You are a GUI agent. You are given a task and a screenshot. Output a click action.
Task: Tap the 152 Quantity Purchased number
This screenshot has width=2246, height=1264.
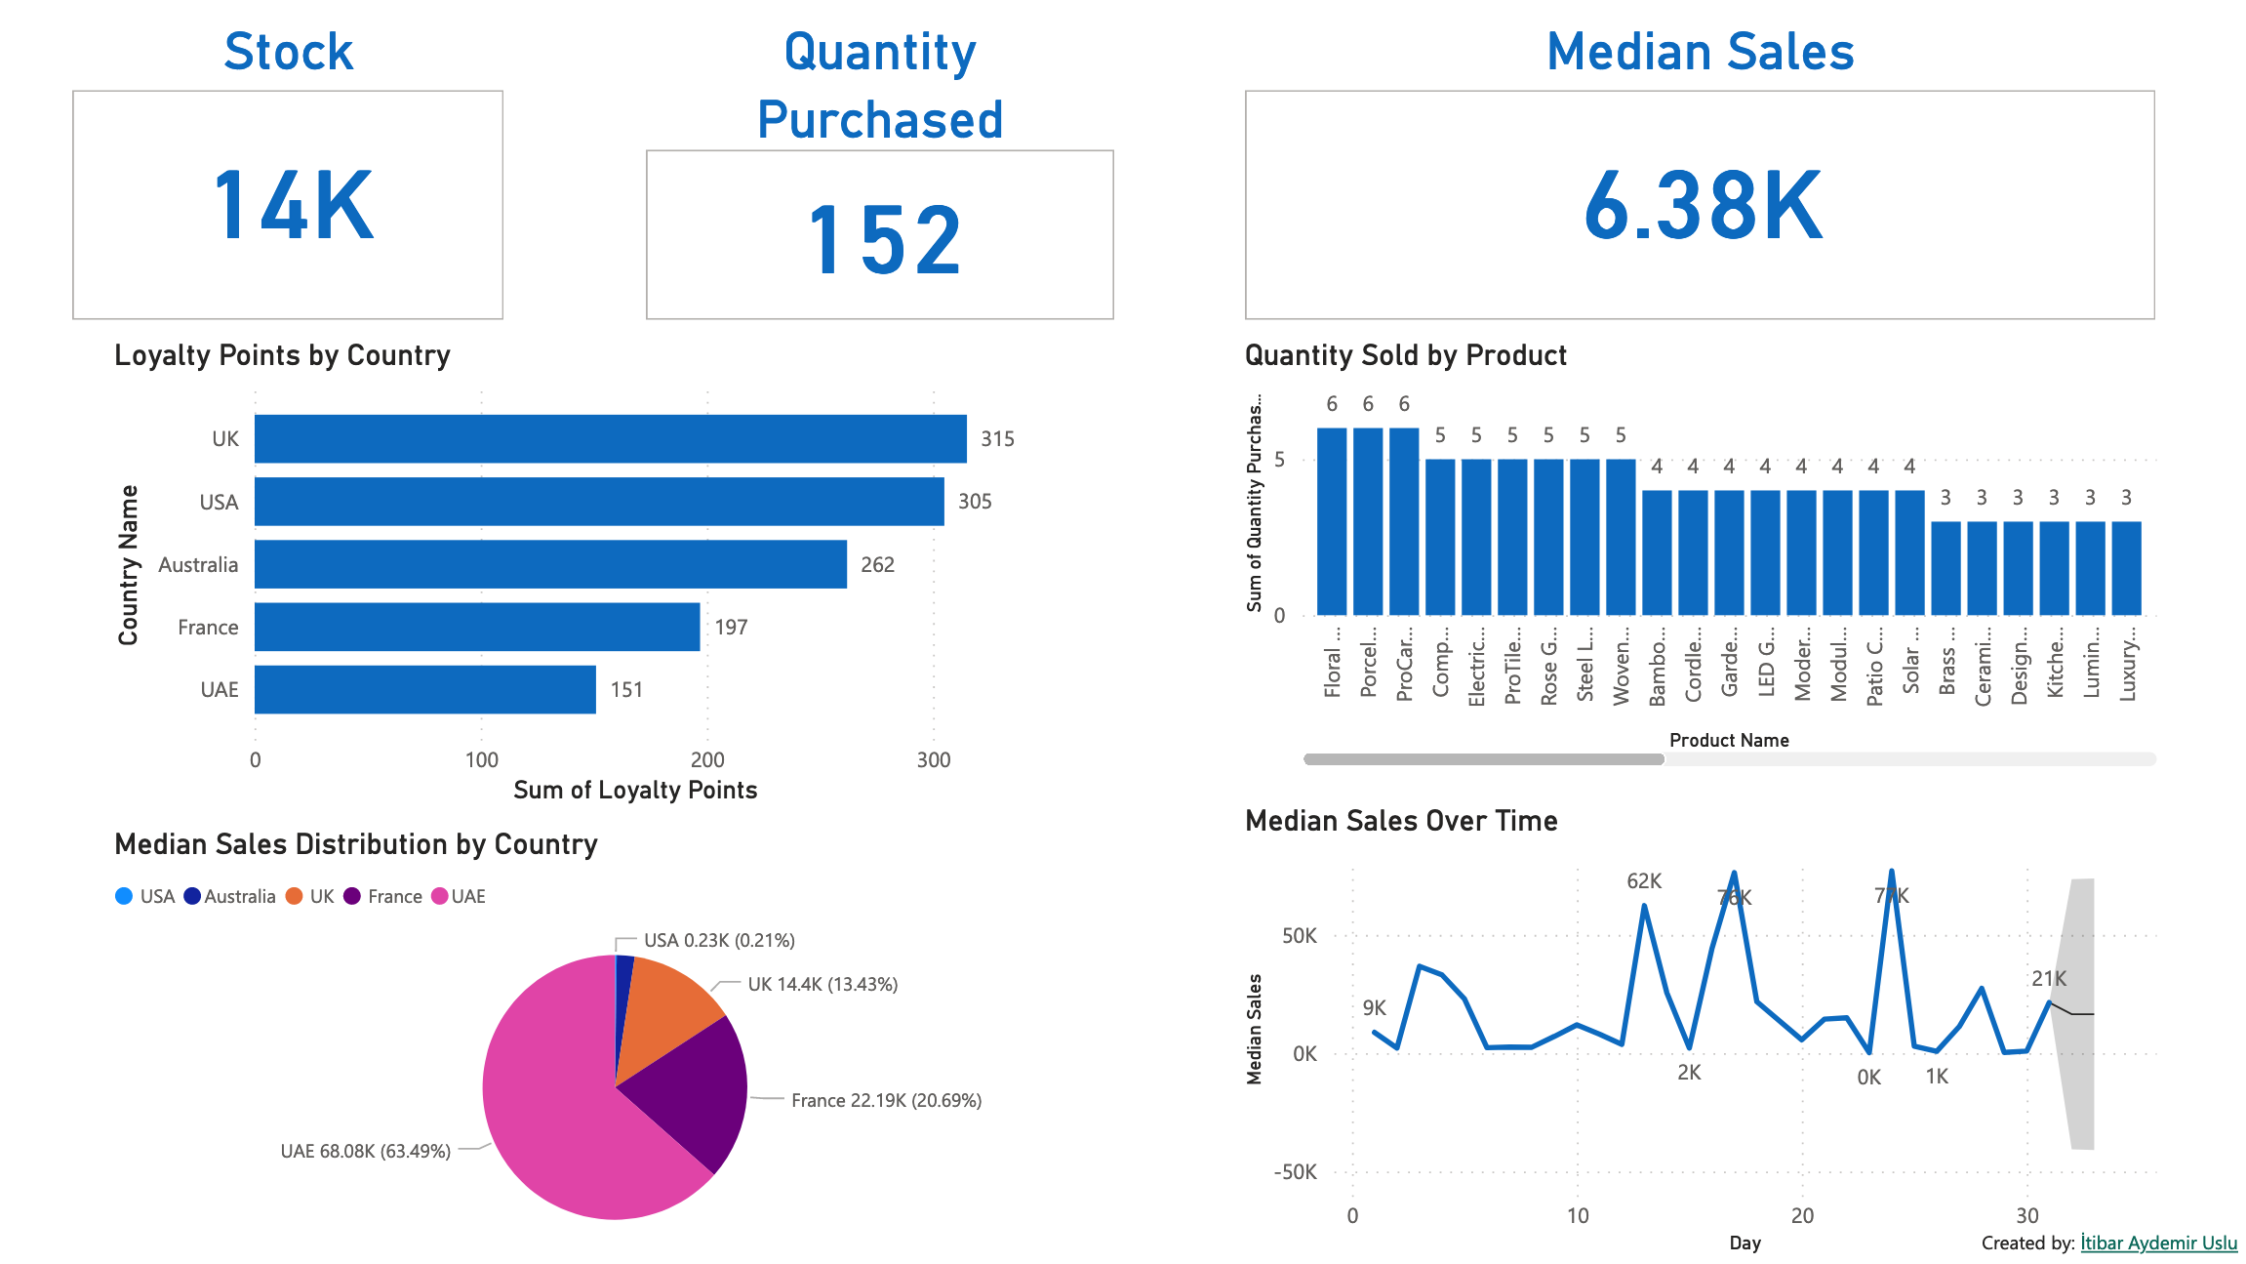[x=884, y=240]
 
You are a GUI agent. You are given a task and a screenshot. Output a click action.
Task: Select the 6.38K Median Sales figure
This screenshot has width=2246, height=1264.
[x=1703, y=206]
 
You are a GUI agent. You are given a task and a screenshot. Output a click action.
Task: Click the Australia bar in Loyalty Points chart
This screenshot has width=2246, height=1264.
[x=550, y=564]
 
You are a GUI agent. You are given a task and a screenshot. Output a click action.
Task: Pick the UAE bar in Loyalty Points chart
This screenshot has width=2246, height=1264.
[x=424, y=689]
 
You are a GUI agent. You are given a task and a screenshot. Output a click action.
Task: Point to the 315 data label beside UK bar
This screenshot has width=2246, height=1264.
[x=997, y=439]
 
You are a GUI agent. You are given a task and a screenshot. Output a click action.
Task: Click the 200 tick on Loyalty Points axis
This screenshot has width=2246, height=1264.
[x=707, y=760]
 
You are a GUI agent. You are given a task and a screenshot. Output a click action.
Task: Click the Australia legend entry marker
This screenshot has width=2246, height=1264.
[x=192, y=896]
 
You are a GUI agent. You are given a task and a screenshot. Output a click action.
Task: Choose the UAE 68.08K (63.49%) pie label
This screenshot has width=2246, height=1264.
[x=365, y=1152]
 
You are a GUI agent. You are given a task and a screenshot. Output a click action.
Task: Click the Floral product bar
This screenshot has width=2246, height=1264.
[x=1332, y=521]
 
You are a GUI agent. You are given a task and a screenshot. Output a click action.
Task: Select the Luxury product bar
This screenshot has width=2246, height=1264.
[x=2126, y=568]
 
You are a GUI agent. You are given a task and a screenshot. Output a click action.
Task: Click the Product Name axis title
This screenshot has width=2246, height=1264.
[x=1729, y=740]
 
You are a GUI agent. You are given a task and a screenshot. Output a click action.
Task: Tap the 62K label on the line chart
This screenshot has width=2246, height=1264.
[x=1644, y=881]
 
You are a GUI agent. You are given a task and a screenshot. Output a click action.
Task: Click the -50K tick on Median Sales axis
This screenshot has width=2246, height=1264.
[x=1295, y=1172]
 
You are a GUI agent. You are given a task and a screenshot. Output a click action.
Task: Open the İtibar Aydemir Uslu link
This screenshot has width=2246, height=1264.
[x=2158, y=1243]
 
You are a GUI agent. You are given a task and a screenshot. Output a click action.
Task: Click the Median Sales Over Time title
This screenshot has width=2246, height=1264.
[x=1401, y=821]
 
